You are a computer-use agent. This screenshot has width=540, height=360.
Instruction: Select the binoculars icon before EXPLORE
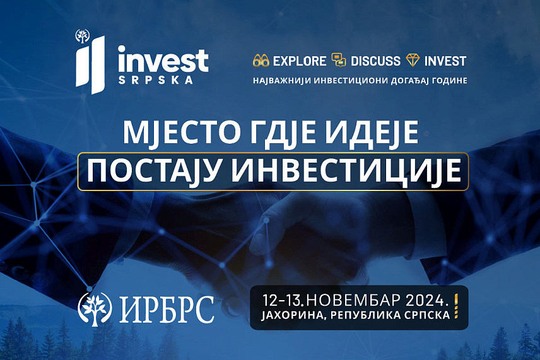(261, 61)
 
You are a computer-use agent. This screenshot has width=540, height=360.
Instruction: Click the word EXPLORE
(300, 61)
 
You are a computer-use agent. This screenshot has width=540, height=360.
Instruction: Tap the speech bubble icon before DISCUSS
(339, 61)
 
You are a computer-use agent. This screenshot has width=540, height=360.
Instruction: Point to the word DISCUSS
(375, 61)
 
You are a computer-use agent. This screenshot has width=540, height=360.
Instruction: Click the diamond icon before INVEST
(413, 61)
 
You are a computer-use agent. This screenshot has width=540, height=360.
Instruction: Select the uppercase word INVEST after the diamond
(445, 61)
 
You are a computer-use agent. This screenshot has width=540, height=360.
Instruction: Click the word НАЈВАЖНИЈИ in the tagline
(281, 81)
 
